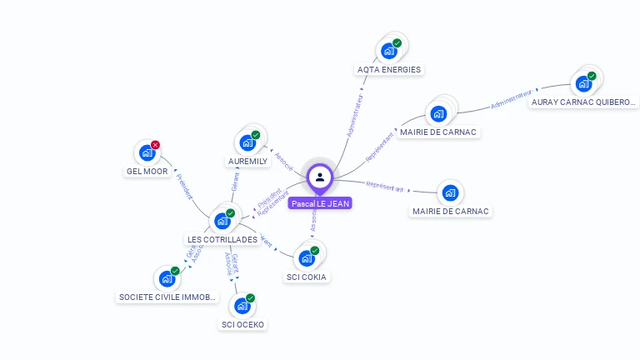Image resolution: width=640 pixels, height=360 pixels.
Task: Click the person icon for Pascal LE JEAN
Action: click(320, 177)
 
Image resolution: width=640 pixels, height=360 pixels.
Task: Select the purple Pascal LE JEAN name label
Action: click(320, 203)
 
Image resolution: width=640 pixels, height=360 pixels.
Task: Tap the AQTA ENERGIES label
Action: click(389, 70)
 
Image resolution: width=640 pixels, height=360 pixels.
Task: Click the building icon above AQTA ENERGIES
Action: click(388, 51)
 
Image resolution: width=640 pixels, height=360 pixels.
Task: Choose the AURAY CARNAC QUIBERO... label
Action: click(583, 102)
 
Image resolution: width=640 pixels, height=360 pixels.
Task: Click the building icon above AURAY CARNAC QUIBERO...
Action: click(582, 83)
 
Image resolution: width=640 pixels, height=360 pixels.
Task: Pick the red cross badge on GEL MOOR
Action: click(155, 145)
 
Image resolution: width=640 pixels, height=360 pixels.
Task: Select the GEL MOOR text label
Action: click(147, 172)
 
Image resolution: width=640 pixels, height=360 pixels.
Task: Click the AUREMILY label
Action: click(248, 162)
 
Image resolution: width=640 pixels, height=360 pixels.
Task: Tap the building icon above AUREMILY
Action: click(247, 142)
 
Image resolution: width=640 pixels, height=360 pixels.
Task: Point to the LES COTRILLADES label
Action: click(222, 240)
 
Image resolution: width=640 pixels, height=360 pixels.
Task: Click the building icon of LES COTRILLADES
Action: click(222, 221)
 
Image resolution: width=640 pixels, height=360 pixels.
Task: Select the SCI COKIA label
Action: click(307, 277)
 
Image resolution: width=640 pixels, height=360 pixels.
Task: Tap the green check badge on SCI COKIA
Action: click(315, 251)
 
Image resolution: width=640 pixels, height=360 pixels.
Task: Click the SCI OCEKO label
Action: click(243, 324)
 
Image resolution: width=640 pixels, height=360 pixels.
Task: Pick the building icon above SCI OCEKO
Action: click(242, 306)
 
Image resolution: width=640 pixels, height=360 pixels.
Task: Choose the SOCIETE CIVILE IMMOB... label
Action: click(167, 297)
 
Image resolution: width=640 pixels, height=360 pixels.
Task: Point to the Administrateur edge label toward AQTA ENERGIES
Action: click(354, 115)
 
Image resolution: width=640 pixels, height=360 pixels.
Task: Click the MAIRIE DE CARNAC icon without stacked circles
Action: click(450, 193)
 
